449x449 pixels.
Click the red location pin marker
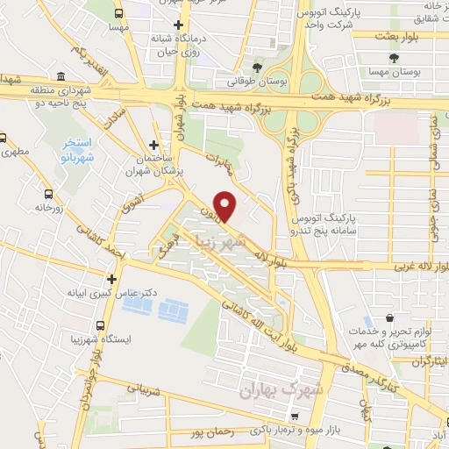(x=226, y=206)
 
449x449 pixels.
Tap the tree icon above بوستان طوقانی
(x=257, y=68)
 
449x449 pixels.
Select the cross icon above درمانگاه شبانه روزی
(x=179, y=25)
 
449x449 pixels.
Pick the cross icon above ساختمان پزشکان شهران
(x=154, y=145)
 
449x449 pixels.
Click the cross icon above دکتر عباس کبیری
(x=111, y=279)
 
